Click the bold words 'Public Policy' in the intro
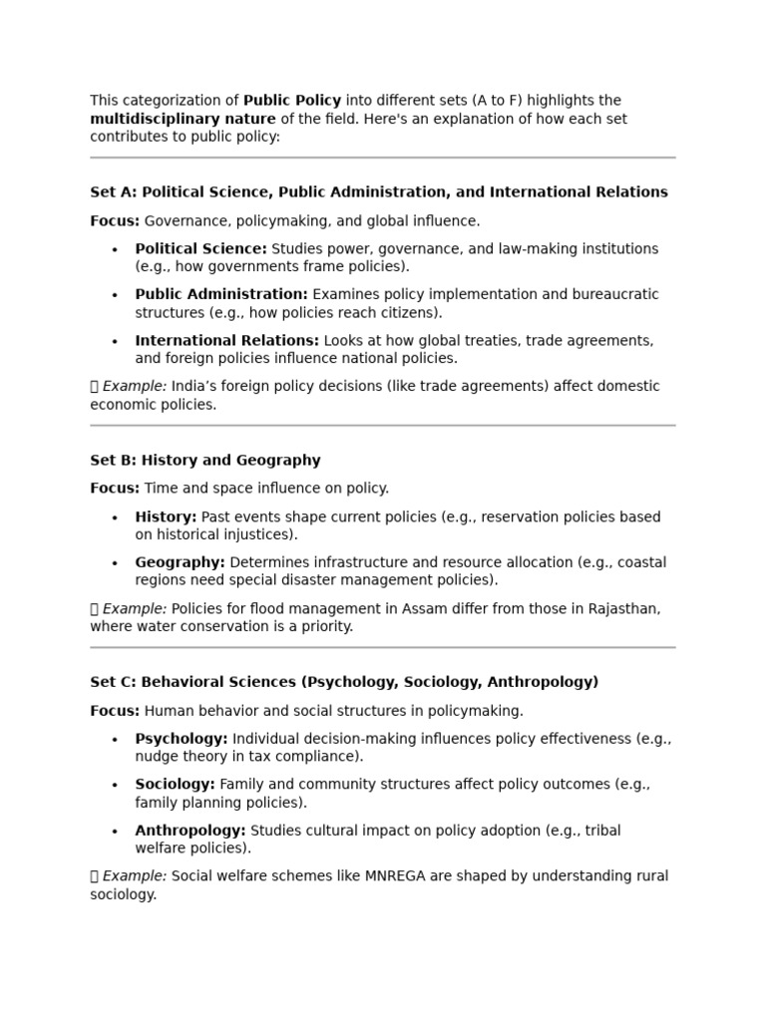pos(292,101)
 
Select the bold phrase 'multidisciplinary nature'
pos(183,119)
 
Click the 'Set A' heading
pos(379,192)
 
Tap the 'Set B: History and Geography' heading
pos(205,461)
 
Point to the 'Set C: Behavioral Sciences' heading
pos(344,682)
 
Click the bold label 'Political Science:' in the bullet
pos(200,248)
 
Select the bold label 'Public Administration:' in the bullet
pos(221,294)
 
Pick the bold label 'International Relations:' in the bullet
pos(226,340)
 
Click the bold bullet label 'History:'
pos(166,516)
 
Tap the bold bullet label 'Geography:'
pos(180,562)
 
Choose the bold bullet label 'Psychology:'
pos(182,739)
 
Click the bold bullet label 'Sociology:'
pos(175,785)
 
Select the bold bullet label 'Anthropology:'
pos(190,831)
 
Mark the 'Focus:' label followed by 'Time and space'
pos(115,489)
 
